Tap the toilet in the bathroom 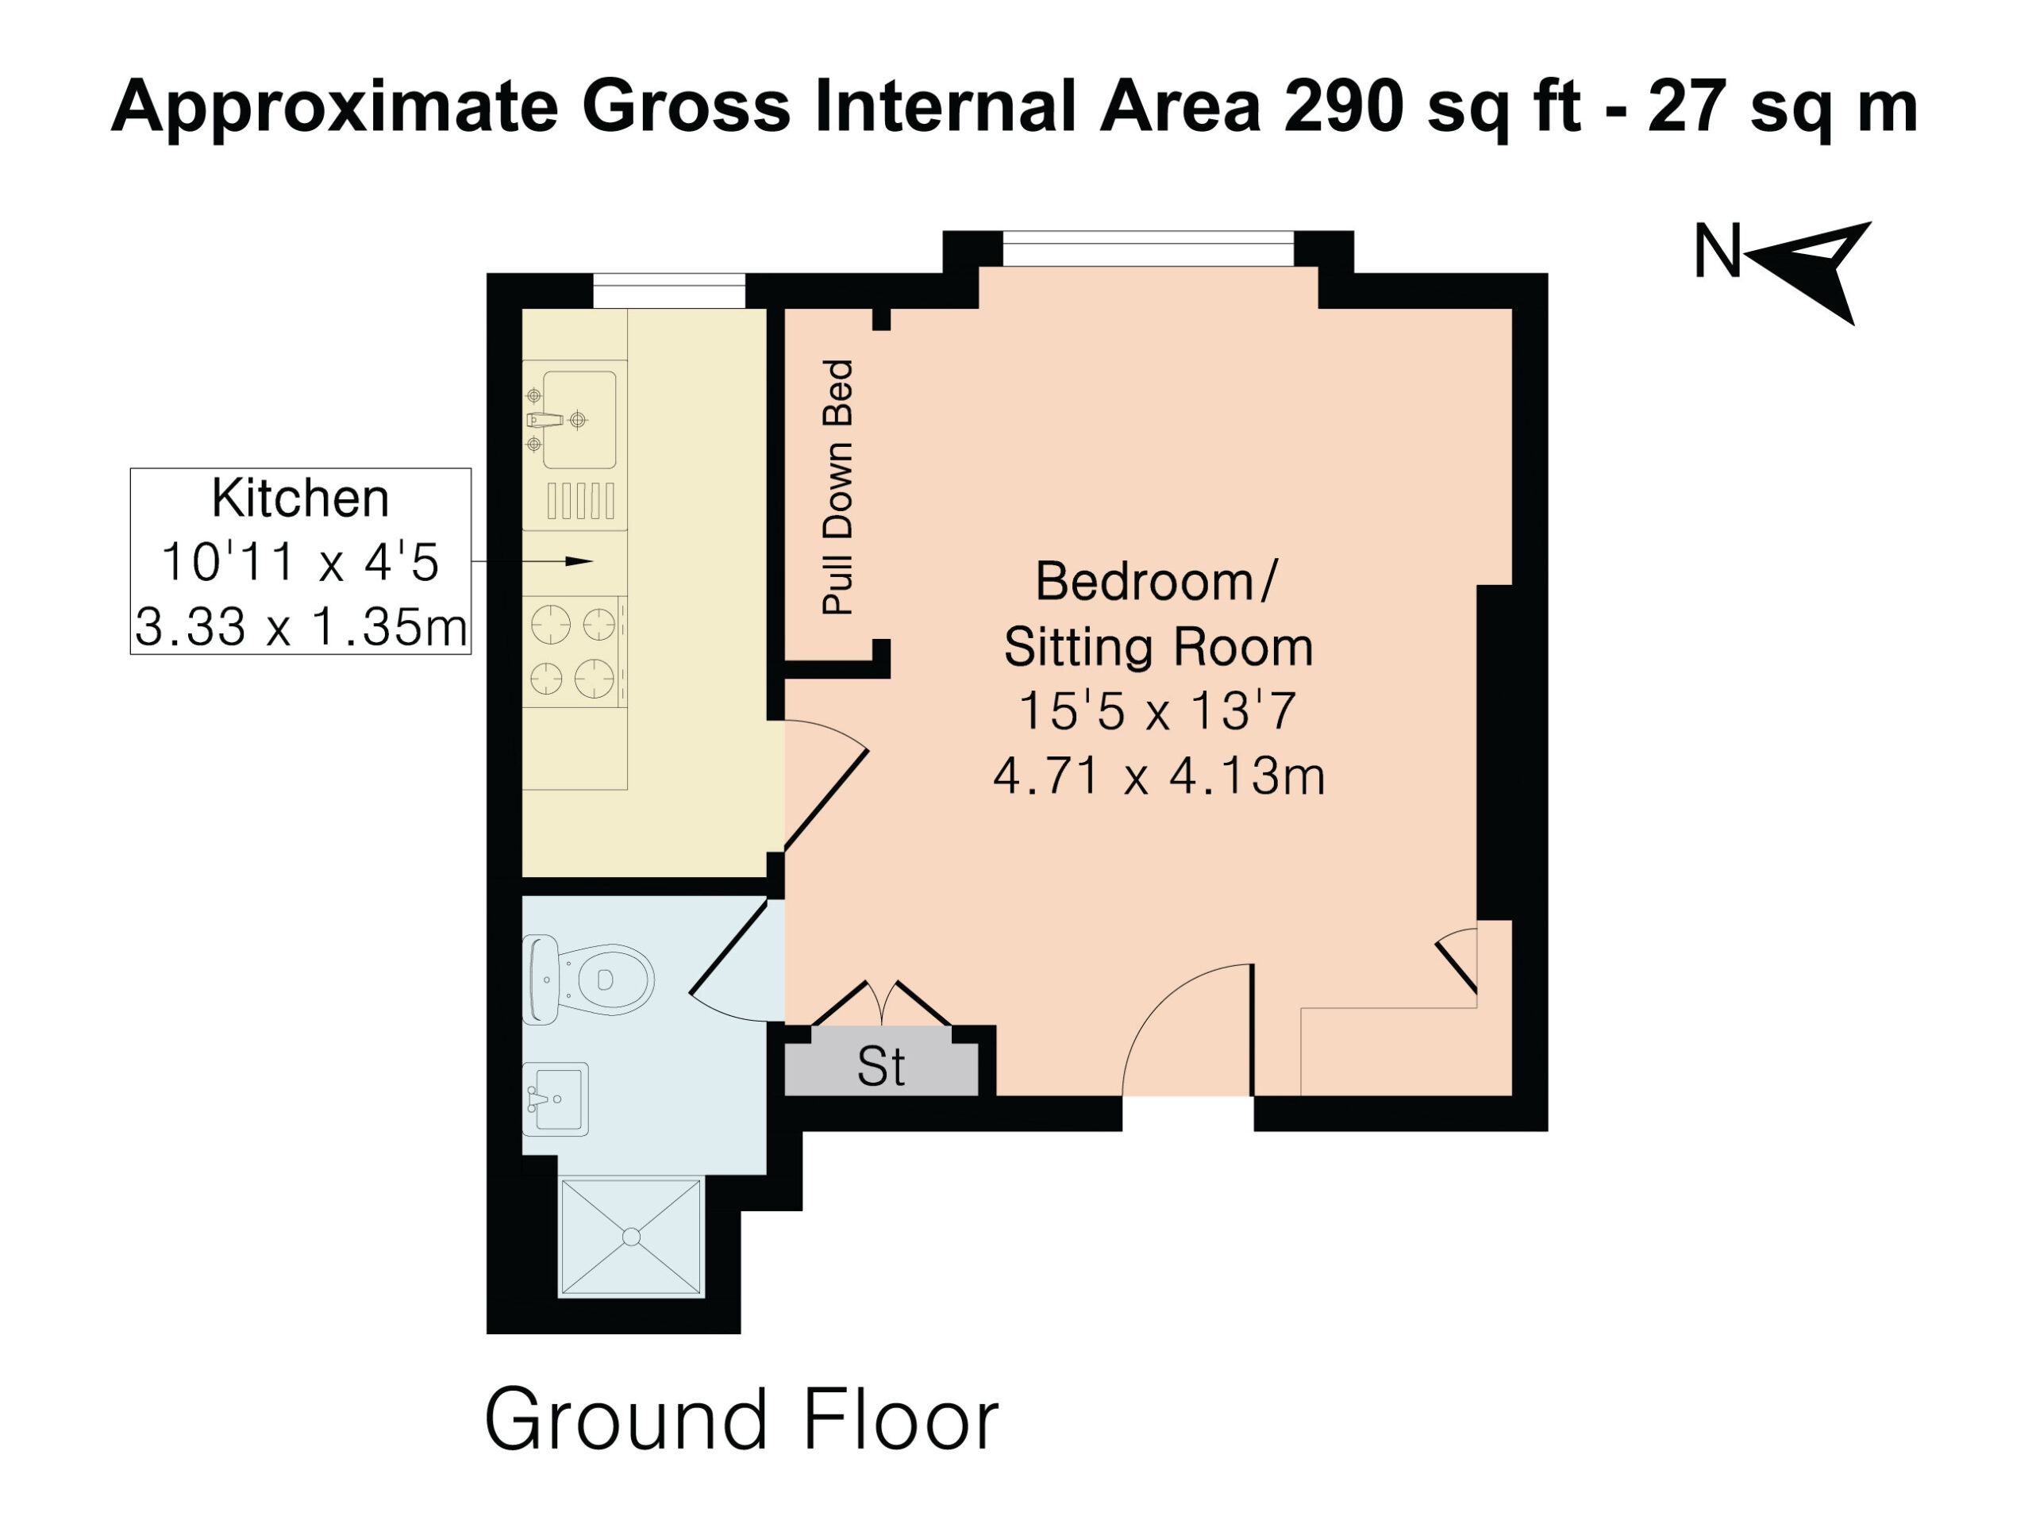pyautogui.click(x=588, y=979)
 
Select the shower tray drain pyautogui.click(x=631, y=1237)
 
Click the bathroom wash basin pyautogui.click(x=555, y=1099)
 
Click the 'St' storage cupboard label pyautogui.click(x=881, y=1067)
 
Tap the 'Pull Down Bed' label pyautogui.click(x=837, y=487)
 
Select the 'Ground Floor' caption pyautogui.click(x=741, y=1419)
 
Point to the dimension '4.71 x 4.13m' pyautogui.click(x=1158, y=776)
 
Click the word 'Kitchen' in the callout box pyautogui.click(x=300, y=498)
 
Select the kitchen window pyautogui.click(x=669, y=291)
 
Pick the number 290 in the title pyautogui.click(x=1344, y=106)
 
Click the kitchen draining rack pyautogui.click(x=580, y=501)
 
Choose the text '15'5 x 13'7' pyautogui.click(x=1157, y=711)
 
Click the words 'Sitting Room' pyautogui.click(x=1158, y=647)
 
